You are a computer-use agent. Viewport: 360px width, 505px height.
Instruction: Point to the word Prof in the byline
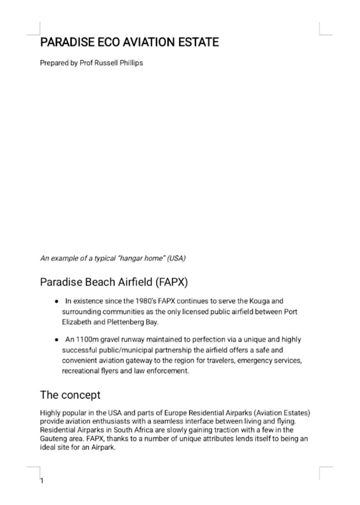tap(87, 64)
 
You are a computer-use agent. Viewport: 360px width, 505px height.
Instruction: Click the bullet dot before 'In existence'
tap(57, 301)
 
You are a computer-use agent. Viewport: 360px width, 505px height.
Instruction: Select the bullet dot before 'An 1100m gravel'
tap(57, 340)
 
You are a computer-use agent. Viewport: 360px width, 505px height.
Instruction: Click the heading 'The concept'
tap(70, 394)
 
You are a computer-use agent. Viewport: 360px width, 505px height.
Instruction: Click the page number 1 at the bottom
tap(42, 481)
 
